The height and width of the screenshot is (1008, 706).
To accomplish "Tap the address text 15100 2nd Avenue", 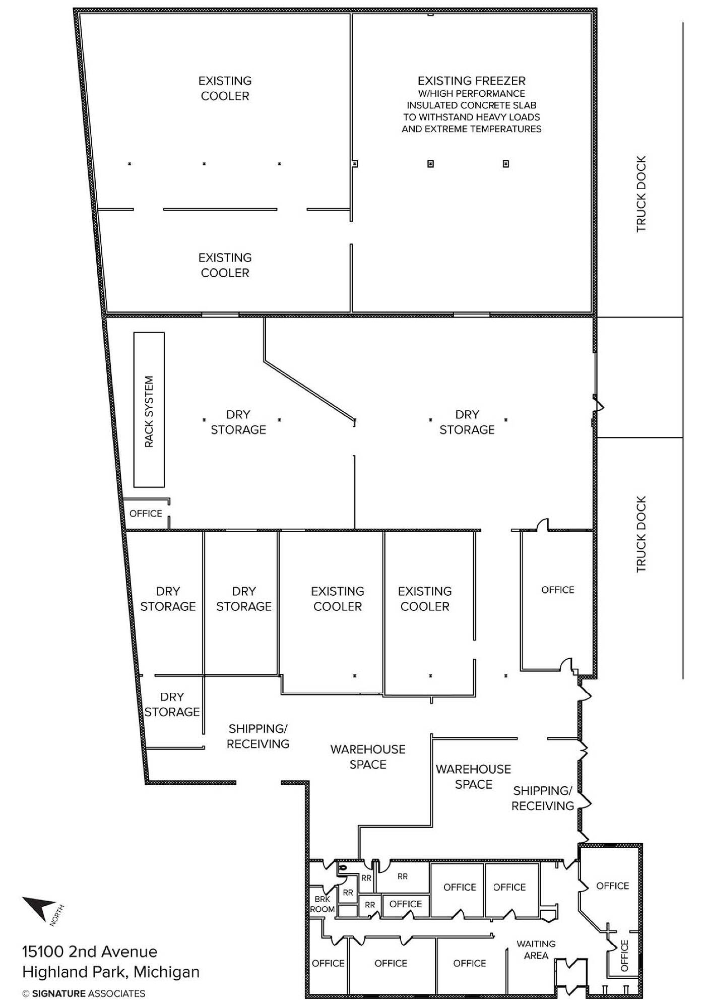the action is pos(90,952).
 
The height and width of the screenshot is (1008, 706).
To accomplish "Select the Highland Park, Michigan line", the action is pos(111,972).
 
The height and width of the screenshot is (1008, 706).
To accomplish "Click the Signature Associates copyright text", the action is pos(84,993).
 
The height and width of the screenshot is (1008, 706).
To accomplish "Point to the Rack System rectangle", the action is pos(149,410).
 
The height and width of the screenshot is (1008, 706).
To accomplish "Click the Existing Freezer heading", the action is pos(472,81).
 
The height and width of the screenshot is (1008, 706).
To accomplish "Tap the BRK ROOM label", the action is pos(323,904).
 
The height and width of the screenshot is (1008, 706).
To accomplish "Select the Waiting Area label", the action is pos(536,950).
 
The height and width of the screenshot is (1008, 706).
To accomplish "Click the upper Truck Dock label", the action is pos(641,194).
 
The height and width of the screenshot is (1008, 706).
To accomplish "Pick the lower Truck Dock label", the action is pos(641,534).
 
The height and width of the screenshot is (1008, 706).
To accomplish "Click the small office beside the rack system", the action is pos(146,514).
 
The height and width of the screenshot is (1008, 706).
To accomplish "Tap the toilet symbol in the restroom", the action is pos(343,868).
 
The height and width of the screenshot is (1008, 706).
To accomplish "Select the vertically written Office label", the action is pos(624,956).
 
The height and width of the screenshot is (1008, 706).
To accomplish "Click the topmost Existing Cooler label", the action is pos(225,88).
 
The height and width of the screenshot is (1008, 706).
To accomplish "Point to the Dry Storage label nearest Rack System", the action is pos(238,422).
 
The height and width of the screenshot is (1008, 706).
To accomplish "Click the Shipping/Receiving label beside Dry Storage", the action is pos(258,736).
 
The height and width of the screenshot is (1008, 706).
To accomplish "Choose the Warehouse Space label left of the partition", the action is pos(368,757).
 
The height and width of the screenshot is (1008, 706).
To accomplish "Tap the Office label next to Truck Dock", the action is pos(558,590).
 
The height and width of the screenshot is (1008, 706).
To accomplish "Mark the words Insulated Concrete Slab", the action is pos(472,105).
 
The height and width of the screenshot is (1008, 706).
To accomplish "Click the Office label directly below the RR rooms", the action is pos(406,904).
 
